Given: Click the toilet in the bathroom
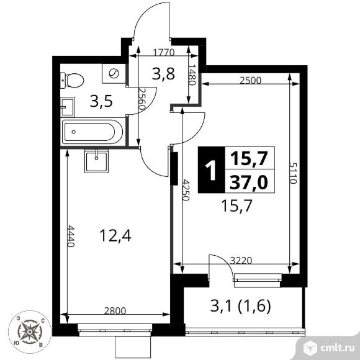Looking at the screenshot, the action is pos(72,80).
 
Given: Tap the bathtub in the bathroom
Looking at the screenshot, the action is pos(92,132).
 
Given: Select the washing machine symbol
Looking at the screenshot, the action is pos(114,73).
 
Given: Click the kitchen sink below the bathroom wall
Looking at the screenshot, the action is pos(96,161).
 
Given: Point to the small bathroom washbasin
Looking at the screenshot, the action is pos(68,107).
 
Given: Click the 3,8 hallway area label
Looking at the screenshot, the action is pos(163,74).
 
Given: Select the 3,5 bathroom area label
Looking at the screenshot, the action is pos(101,101).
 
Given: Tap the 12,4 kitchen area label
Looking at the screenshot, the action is pos(115,236).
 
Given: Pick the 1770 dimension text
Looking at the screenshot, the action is pos(164,53).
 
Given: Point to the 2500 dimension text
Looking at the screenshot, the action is pos(251,81).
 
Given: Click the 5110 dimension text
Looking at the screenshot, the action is pos(293,173).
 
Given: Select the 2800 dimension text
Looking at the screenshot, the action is pos(115,311).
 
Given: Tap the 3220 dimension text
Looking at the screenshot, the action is pos(241,261).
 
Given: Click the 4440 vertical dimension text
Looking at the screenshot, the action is pos(71,236).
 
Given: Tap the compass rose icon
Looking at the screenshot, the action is pos(30,332).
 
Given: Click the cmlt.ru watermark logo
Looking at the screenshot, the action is pos(328,348).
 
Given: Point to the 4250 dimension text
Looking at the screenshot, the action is pos(186,190).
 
